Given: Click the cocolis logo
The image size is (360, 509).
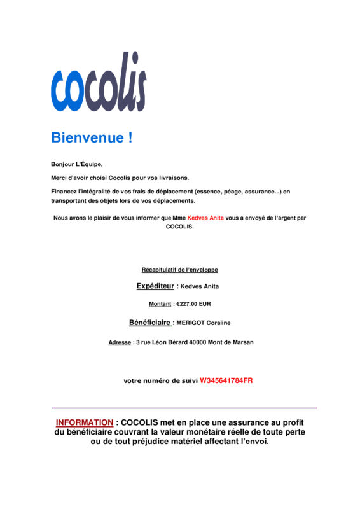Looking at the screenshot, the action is [x=99, y=82].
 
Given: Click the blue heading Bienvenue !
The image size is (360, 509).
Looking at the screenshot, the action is [x=92, y=137].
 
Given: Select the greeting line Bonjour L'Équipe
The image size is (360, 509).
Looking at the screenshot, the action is [x=76, y=164].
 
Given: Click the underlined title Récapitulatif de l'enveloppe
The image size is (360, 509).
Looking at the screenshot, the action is [x=179, y=270].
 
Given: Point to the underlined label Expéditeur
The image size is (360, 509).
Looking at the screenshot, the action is [x=155, y=286].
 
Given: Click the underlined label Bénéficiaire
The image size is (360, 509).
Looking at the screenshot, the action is [x=151, y=323].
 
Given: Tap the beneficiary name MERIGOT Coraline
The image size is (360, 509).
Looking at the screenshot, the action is [x=204, y=323].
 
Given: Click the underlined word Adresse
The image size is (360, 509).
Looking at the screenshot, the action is [x=120, y=342].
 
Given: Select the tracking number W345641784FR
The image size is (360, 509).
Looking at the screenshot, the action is [x=226, y=380].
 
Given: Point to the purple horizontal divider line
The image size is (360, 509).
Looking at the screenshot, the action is [x=184, y=408].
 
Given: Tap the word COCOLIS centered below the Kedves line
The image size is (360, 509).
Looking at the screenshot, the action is [x=179, y=227].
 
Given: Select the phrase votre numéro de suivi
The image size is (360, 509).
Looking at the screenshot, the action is [x=160, y=381].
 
